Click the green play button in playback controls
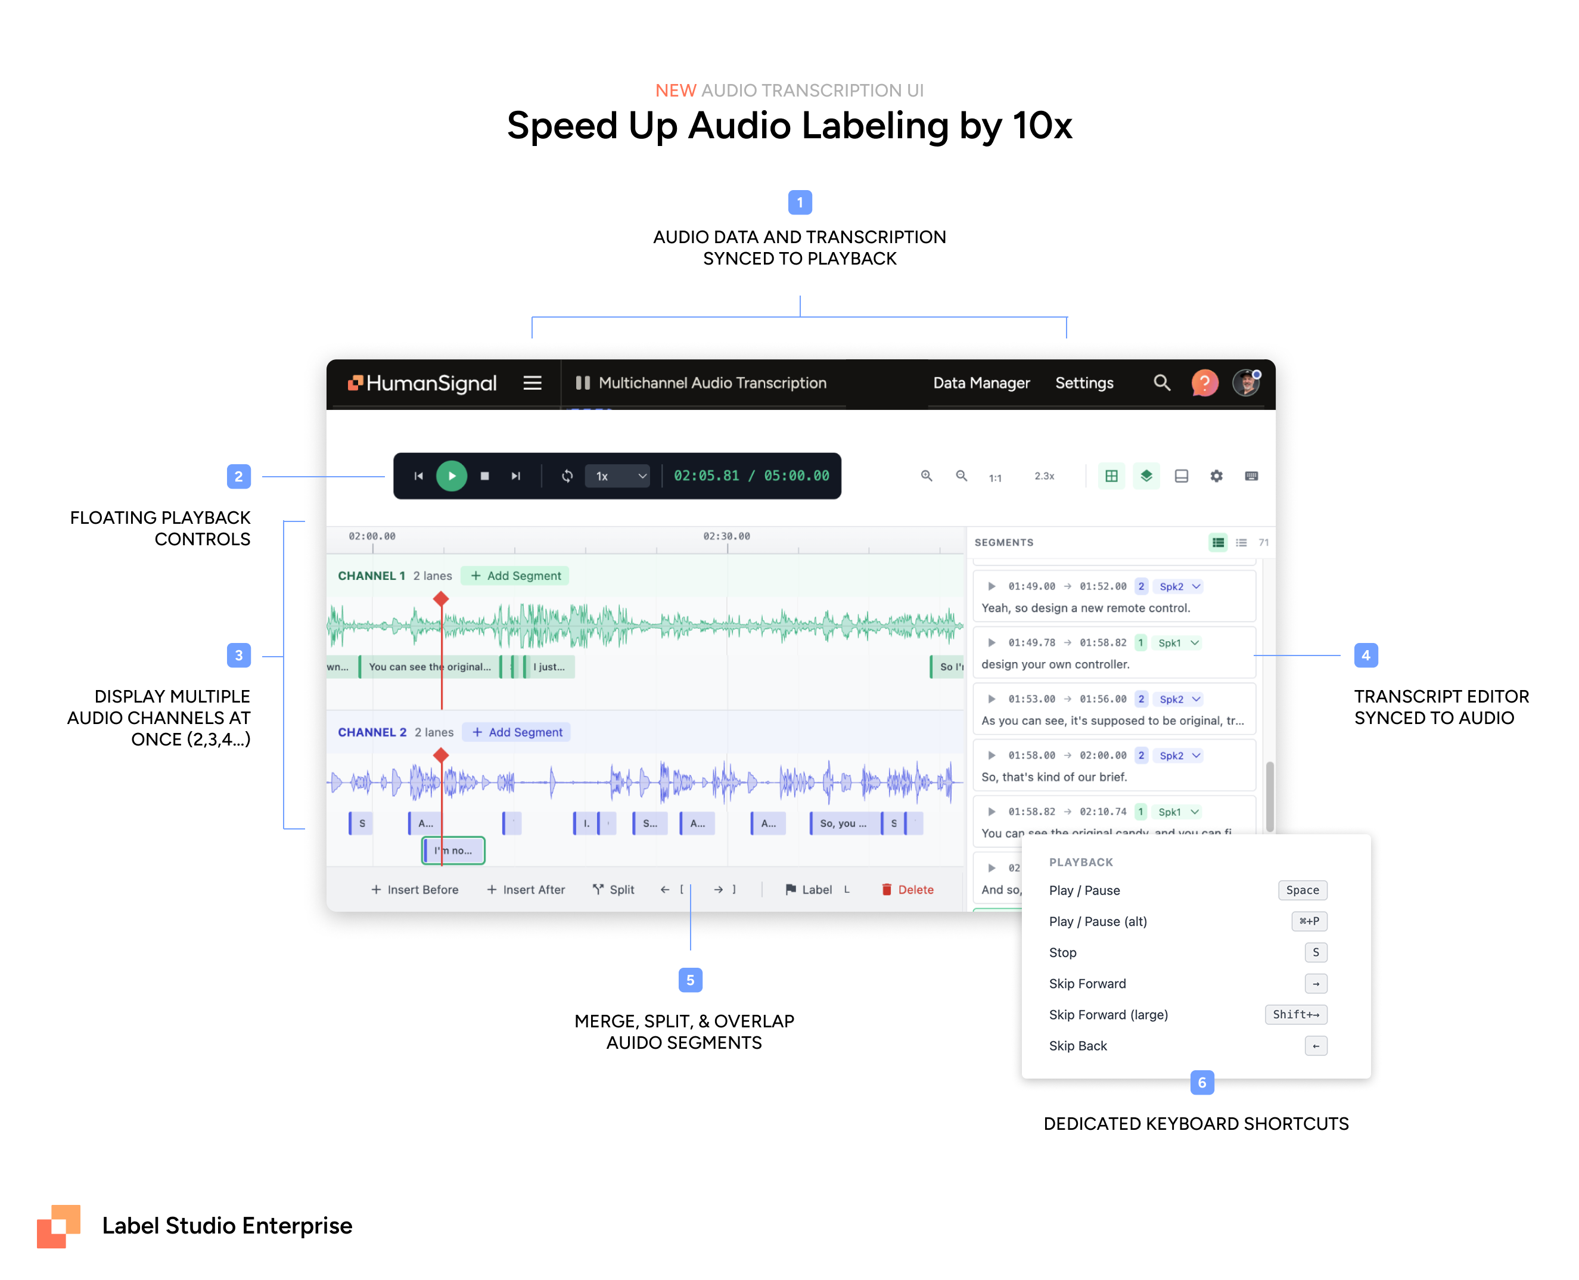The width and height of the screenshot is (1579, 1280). pyautogui.click(x=451, y=476)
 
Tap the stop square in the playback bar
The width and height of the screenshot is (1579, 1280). pyautogui.click(x=484, y=476)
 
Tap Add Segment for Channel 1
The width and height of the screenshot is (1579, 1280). pyautogui.click(x=515, y=576)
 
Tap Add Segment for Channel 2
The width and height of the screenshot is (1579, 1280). pyautogui.click(x=517, y=732)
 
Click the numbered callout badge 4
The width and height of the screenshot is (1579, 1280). pyautogui.click(x=1365, y=655)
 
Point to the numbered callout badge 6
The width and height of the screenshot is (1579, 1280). pyautogui.click(x=1202, y=1082)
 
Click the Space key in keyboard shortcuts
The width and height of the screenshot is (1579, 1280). pyautogui.click(x=1302, y=890)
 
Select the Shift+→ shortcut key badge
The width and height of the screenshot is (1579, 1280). pyautogui.click(x=1295, y=1015)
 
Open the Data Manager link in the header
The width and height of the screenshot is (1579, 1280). pyautogui.click(x=981, y=383)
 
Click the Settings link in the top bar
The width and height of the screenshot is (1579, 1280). pyautogui.click(x=1084, y=383)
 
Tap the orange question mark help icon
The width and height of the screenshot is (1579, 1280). pyautogui.click(x=1204, y=383)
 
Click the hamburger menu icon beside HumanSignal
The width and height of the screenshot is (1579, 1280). pyautogui.click(x=532, y=383)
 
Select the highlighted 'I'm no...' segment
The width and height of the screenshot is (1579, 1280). pyautogui.click(x=453, y=850)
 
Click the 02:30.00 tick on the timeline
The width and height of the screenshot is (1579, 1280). pyautogui.click(x=726, y=537)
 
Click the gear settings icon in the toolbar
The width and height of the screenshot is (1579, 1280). pyautogui.click(x=1216, y=476)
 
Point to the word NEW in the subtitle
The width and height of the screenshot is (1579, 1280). pyautogui.click(x=675, y=91)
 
